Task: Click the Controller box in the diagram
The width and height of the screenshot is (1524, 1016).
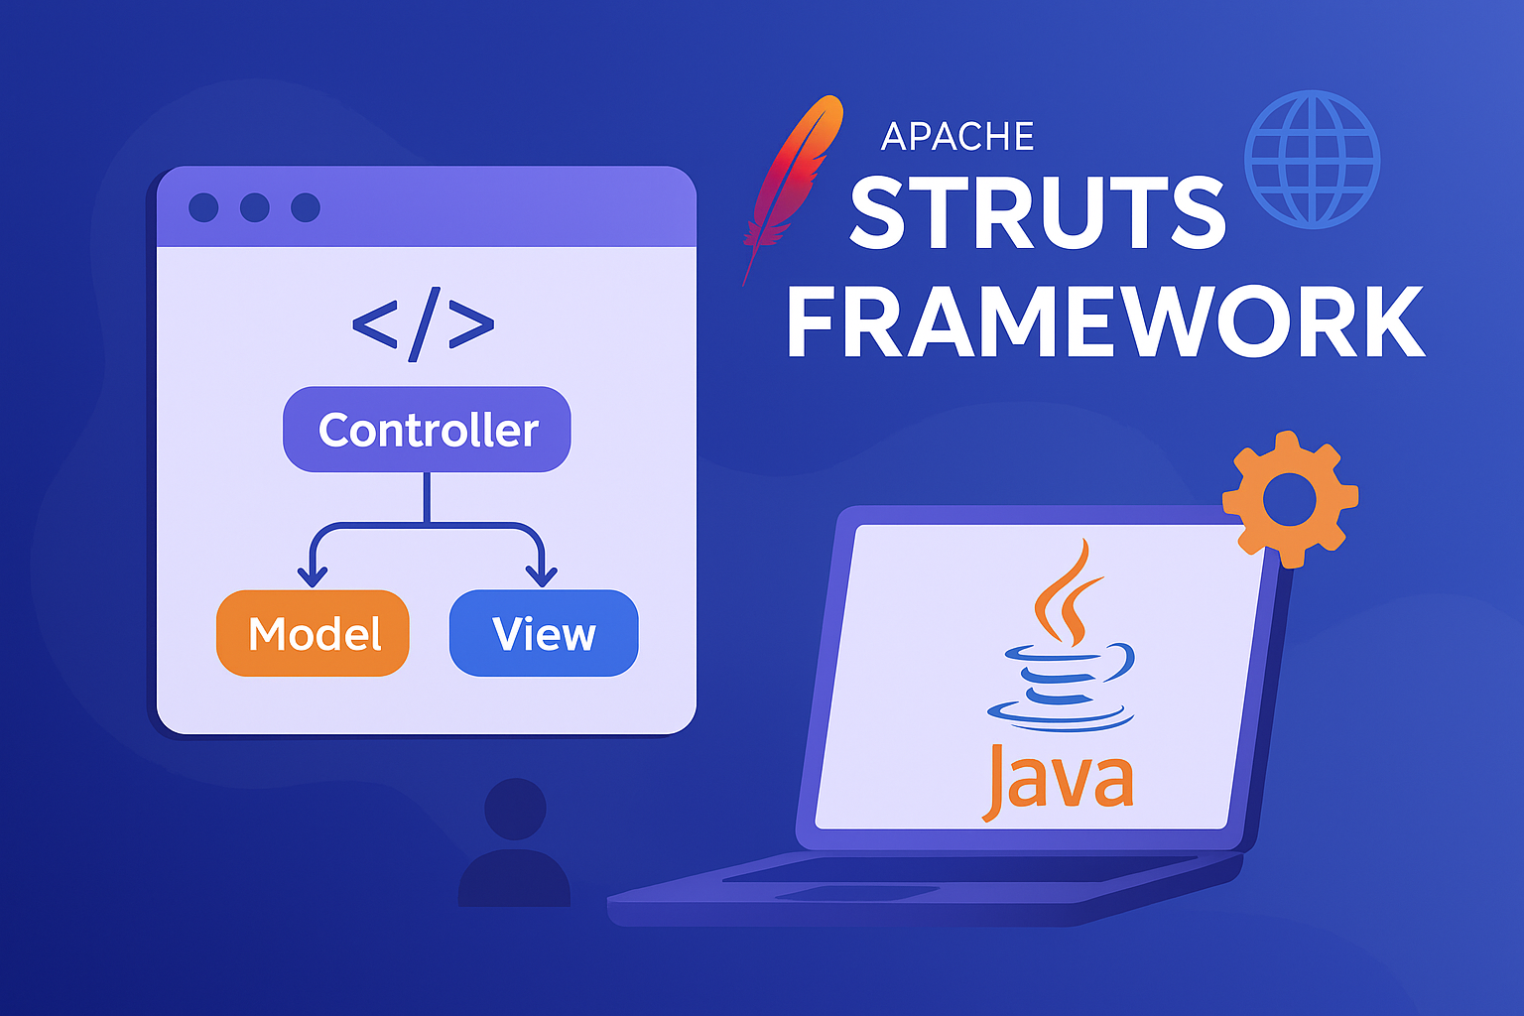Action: (427, 430)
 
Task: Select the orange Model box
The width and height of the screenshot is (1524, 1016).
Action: (313, 633)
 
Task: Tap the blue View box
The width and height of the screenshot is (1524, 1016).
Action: (544, 633)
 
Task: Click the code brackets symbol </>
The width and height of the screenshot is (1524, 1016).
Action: (424, 324)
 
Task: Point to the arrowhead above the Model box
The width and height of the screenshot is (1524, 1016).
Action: (313, 577)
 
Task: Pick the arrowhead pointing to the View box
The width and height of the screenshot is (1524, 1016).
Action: (542, 577)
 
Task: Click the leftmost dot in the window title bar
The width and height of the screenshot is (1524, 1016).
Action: (203, 207)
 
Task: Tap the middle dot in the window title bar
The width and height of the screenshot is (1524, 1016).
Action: (254, 207)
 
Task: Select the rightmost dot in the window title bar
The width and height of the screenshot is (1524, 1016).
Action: (306, 207)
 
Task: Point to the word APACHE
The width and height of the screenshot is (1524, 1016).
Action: (957, 137)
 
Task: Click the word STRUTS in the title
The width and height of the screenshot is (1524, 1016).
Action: (1038, 212)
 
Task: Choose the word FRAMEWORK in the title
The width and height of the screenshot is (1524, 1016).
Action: (1105, 321)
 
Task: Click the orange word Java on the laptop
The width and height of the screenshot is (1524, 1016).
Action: (1058, 782)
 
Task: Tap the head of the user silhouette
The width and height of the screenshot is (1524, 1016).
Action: (515, 809)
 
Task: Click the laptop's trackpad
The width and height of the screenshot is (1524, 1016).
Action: (857, 892)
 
